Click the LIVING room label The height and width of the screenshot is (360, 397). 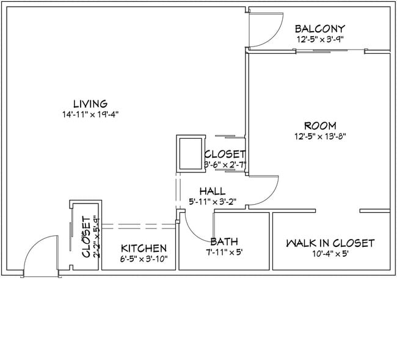pyautogui.click(x=90, y=104)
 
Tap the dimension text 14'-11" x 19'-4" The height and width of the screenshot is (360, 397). pyautogui.click(x=90, y=114)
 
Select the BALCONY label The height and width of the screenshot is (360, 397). pyautogui.click(x=320, y=29)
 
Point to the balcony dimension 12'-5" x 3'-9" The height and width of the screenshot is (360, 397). pyautogui.click(x=320, y=39)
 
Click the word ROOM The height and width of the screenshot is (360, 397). pyautogui.click(x=320, y=126)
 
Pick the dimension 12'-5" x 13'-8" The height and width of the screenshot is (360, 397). pyautogui.click(x=320, y=136)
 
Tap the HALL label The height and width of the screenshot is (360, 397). pyautogui.click(x=212, y=191)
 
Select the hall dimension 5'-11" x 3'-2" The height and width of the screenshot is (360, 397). pyautogui.click(x=212, y=202)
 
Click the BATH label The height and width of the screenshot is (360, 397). pyautogui.click(x=224, y=241)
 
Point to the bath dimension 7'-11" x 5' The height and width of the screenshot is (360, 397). pyautogui.click(x=224, y=252)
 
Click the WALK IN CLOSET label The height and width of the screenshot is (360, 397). pyautogui.click(x=330, y=243)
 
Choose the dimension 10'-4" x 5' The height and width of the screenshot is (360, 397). pyautogui.click(x=330, y=253)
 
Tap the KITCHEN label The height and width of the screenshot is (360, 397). pyautogui.click(x=144, y=248)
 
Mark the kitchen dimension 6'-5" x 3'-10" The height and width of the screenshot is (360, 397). pyautogui.click(x=144, y=259)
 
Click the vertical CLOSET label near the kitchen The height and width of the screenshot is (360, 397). pyautogui.click(x=86, y=237)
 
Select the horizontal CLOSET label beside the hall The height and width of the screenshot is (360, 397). pyautogui.click(x=225, y=154)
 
